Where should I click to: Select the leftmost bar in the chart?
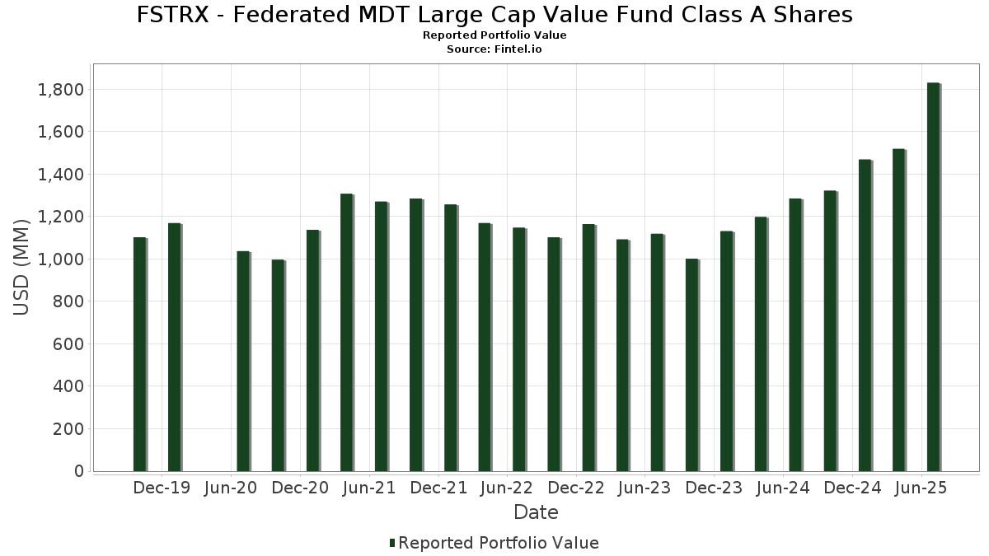coord(139,354)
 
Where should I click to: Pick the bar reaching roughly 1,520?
coord(898,310)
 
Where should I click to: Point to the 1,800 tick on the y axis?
coord(61,89)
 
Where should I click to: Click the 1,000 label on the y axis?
coord(61,259)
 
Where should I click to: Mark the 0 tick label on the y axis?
coord(78,471)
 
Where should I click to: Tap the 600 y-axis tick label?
coord(68,344)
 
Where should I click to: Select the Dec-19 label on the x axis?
coord(162,488)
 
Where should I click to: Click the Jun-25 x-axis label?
coord(921,488)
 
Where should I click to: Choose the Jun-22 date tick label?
coord(507,488)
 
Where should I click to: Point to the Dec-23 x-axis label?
coord(714,488)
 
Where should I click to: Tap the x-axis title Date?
coord(536,512)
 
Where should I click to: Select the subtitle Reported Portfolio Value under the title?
coord(494,35)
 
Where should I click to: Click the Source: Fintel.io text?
coord(494,49)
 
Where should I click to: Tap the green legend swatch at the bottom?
coord(392,543)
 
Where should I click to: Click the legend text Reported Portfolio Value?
coord(498,543)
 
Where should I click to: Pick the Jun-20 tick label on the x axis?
coord(231,488)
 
